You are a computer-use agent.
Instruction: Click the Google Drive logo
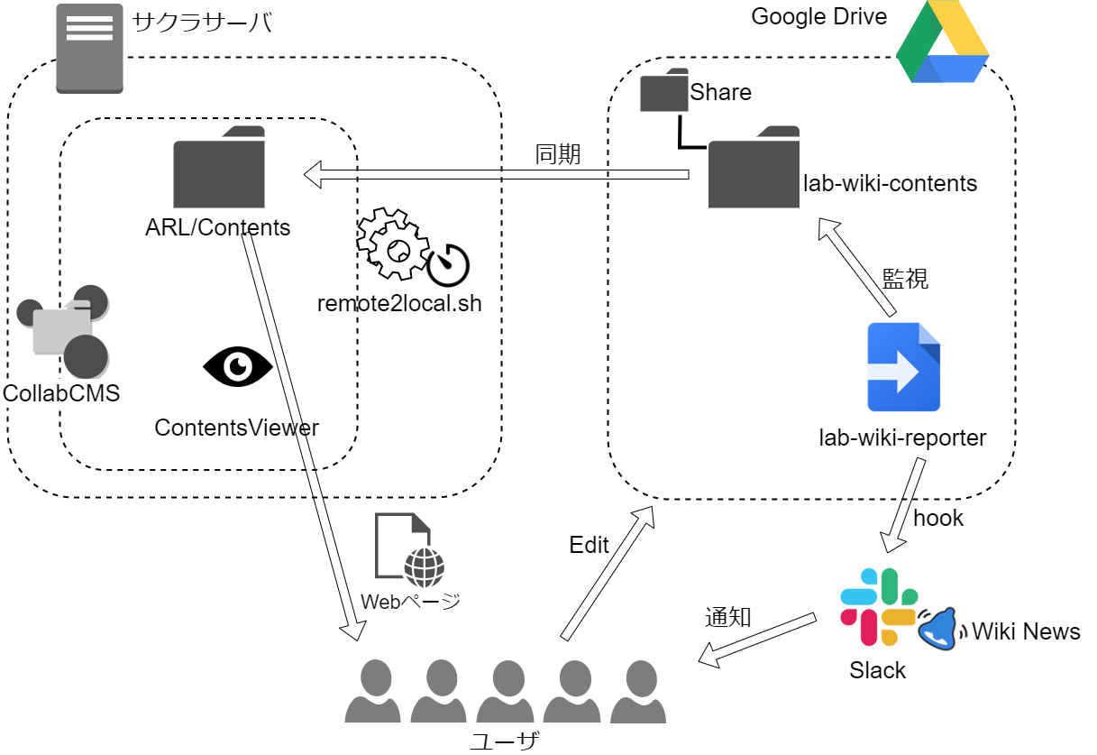click(x=942, y=41)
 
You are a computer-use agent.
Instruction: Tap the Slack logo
click(x=879, y=606)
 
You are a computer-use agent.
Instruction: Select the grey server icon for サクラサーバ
click(x=89, y=49)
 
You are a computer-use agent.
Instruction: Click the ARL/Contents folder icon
click(x=219, y=167)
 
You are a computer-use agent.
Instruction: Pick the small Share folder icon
click(x=664, y=89)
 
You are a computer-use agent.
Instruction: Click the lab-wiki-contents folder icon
click(x=754, y=167)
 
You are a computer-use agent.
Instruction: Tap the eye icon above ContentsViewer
click(x=238, y=366)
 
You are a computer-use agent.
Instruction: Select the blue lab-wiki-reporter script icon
click(x=903, y=367)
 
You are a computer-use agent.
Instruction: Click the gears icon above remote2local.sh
click(x=393, y=244)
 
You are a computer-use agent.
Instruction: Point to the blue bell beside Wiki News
click(x=938, y=629)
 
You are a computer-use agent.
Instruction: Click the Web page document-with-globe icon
click(x=409, y=549)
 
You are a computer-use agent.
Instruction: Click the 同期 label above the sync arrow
click(x=557, y=154)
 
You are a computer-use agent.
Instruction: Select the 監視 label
click(x=905, y=279)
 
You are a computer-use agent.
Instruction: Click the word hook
click(x=938, y=518)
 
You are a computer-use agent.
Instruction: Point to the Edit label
click(x=589, y=545)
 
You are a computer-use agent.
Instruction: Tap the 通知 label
click(x=727, y=617)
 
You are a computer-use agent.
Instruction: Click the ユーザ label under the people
click(x=505, y=741)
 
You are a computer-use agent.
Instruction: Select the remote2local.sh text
click(x=399, y=303)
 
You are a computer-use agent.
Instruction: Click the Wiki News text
click(x=1026, y=631)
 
